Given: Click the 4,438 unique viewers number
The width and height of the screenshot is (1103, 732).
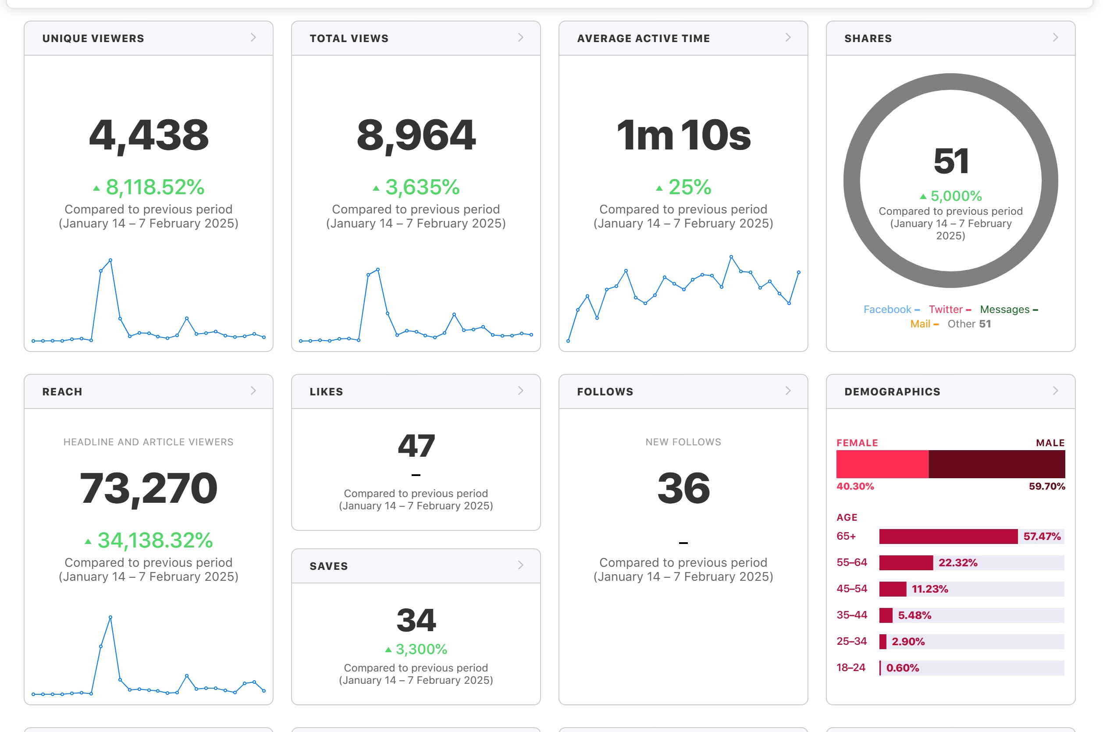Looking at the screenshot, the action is tap(149, 135).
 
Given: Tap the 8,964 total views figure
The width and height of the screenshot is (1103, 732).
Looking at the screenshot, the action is tap(416, 135).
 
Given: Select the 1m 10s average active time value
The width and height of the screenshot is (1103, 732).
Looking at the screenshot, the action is tap(683, 135).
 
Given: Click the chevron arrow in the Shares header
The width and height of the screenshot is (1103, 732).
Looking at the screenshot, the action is tap(1055, 37).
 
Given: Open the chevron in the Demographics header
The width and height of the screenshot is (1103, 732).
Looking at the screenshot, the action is tap(1055, 391).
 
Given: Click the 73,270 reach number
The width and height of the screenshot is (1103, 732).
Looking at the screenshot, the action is tap(149, 488).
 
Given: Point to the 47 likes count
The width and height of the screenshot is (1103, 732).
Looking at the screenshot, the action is tap(416, 446).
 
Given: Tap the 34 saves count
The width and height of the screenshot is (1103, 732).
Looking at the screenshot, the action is tap(416, 620).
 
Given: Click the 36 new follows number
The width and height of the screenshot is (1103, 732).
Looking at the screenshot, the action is tap(683, 488).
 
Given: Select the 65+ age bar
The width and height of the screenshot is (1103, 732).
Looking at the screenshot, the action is tap(948, 537).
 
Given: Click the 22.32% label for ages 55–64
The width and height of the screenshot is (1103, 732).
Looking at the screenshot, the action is tap(958, 562).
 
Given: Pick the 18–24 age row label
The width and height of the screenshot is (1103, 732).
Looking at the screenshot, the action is tap(850, 668).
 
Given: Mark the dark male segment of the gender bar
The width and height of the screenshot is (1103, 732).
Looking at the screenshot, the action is tap(996, 464).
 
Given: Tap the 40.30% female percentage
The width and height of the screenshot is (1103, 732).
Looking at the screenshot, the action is tap(855, 486).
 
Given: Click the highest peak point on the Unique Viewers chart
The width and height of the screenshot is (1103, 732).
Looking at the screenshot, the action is tap(110, 259).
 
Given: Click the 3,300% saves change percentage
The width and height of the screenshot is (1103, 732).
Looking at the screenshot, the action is tap(421, 649).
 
